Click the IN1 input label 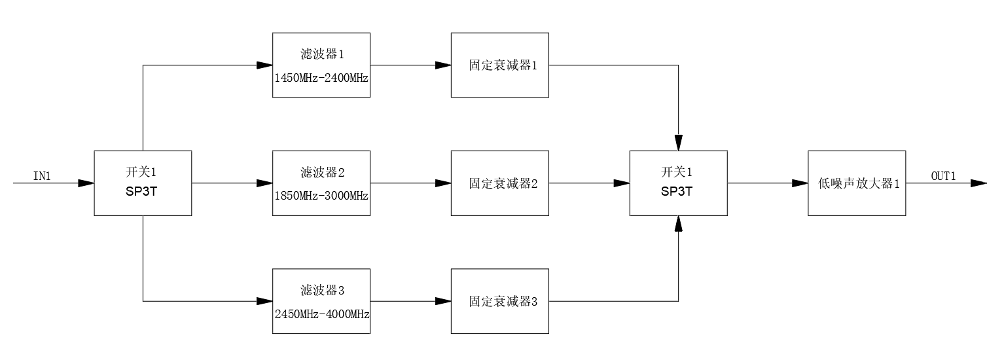click(42, 176)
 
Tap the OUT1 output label click(944, 176)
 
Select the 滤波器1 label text click(322, 54)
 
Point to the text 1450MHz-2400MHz click(321, 78)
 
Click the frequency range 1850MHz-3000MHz click(321, 196)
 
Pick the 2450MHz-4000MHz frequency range click(322, 314)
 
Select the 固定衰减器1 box click(500, 65)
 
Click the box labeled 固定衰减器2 click(500, 183)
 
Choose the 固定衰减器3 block click(500, 301)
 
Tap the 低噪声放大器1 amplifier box click(857, 183)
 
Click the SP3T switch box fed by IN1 click(143, 183)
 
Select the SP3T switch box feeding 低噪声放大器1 click(679, 183)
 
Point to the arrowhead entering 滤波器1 click(264, 65)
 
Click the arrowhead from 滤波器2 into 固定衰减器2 click(443, 183)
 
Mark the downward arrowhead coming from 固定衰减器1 click(679, 143)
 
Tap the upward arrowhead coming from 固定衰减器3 click(679, 224)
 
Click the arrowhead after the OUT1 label click(978, 183)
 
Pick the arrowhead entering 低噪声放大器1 click(800, 183)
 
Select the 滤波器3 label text click(322, 291)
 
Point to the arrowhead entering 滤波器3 click(264, 301)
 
